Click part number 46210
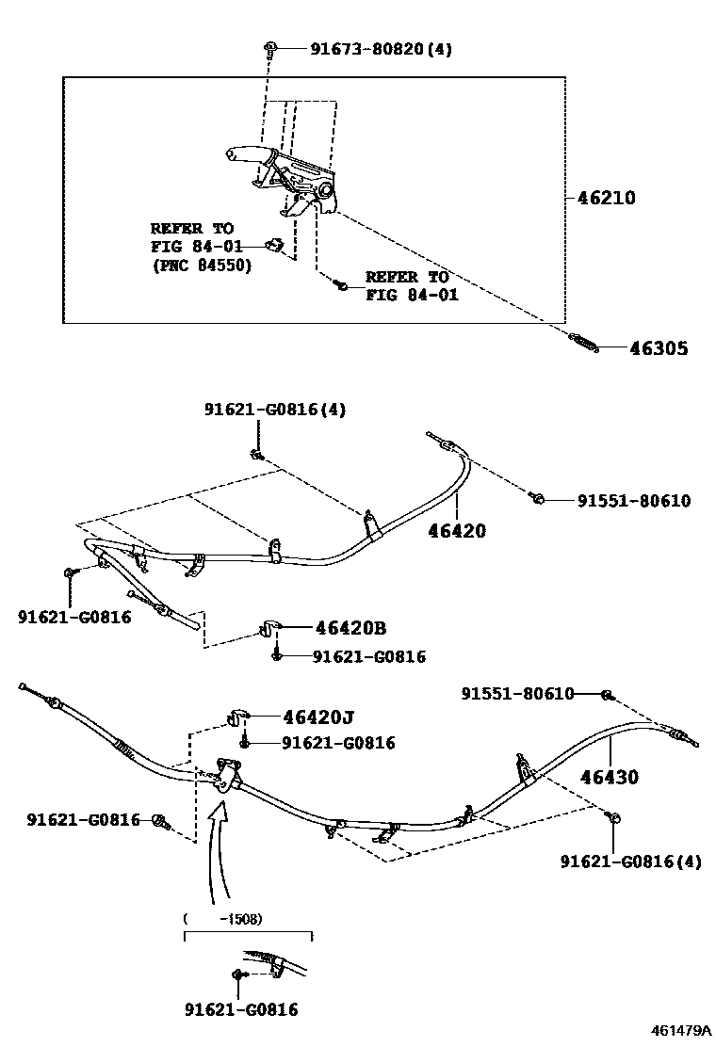tap(606, 199)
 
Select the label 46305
tap(658, 348)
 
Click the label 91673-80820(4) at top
tap(381, 48)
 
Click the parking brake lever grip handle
tap(247, 154)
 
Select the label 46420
tap(456, 531)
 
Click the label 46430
tap(609, 778)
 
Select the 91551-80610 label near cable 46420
tap(633, 501)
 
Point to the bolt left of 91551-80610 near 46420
tap(536, 495)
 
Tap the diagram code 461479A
tap(681, 1031)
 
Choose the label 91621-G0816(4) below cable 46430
tap(630, 862)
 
